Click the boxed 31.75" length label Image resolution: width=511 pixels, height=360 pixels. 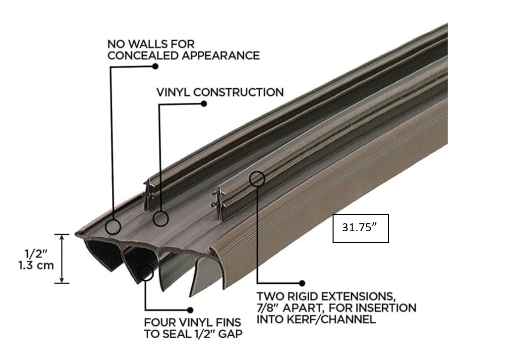[360, 229]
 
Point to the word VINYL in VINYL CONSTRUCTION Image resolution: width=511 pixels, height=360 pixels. [174, 92]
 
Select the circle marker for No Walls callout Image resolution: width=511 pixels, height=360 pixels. [114, 227]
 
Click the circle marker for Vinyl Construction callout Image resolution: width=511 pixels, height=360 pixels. [161, 218]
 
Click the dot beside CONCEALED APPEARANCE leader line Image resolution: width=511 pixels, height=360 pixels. [155, 66]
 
